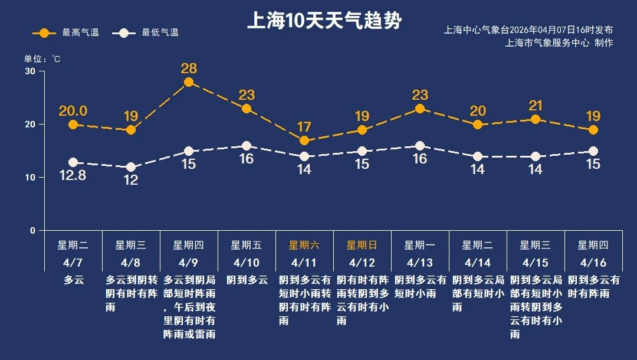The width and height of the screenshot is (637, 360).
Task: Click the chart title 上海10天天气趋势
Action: pos(324,22)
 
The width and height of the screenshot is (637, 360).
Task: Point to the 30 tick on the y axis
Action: pos(30,71)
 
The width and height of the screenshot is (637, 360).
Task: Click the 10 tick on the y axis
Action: pos(30,177)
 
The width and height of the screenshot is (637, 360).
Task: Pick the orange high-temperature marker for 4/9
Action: pos(189,82)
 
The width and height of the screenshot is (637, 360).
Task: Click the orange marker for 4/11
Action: pos(304,140)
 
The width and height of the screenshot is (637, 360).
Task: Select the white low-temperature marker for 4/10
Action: pos(247,146)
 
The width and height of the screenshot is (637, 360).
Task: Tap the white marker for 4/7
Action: pos(73,162)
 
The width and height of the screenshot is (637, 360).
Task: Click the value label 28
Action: pos(189,68)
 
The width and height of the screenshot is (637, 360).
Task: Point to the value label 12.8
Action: pos(73,176)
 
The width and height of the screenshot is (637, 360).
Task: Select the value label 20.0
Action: pos(73,111)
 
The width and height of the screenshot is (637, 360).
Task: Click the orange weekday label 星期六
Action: pos(304,245)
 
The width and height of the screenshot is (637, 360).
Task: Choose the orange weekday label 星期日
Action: pos(362,245)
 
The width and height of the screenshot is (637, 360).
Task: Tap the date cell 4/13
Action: pos(419,262)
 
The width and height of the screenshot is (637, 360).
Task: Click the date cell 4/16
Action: pos(593,262)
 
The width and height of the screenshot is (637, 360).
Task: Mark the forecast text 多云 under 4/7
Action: pos(74,280)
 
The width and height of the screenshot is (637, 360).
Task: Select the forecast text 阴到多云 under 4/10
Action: pos(247,280)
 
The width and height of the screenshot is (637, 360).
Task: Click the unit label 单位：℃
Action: pos(42,59)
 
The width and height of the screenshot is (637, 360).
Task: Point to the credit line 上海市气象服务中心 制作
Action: pos(559,42)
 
